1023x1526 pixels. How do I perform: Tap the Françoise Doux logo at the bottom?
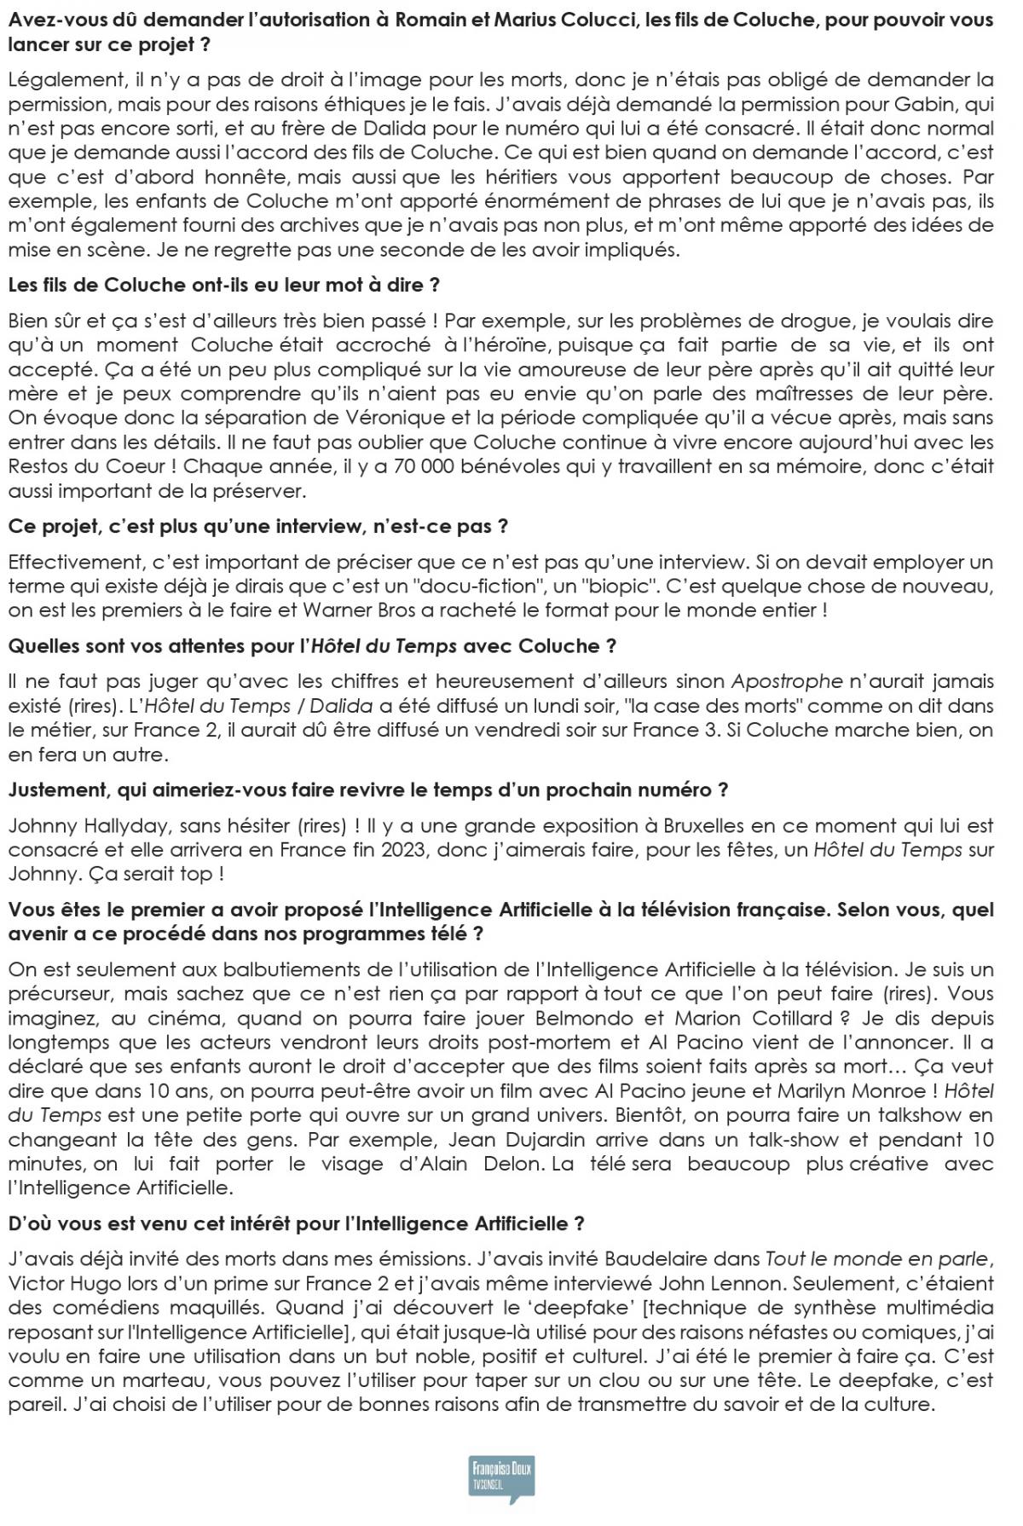point(502,1477)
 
